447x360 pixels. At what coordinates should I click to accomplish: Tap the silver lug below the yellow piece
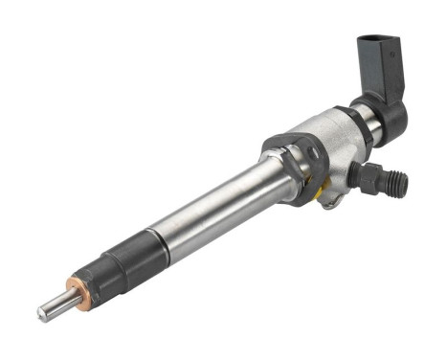tap(327, 200)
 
